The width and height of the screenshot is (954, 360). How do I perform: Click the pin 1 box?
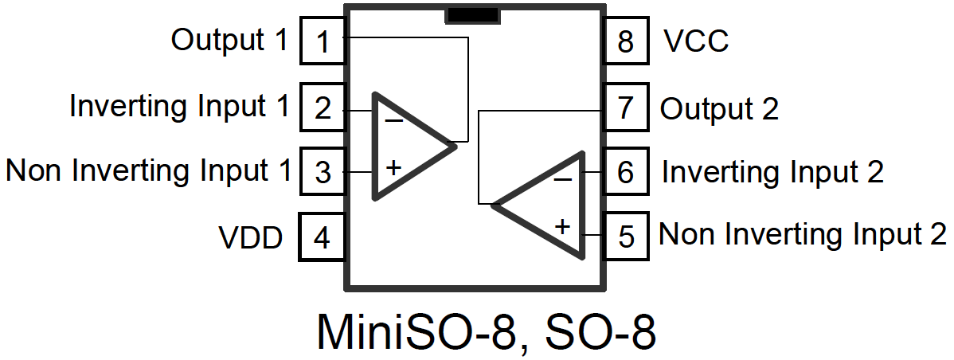click(322, 41)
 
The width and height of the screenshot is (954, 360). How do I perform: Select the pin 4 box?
click(322, 237)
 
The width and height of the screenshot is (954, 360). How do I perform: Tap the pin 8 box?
click(626, 41)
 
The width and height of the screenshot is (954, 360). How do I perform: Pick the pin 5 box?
click(626, 237)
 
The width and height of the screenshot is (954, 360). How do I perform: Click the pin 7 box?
click(626, 107)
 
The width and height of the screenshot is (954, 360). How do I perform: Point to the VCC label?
click(695, 41)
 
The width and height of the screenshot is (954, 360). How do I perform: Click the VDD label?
click(251, 237)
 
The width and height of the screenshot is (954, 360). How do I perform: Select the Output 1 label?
click(229, 40)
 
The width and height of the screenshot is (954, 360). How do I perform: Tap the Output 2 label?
click(719, 108)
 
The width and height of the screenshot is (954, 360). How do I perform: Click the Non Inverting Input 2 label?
click(803, 235)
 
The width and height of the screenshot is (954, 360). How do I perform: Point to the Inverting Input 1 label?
click(179, 107)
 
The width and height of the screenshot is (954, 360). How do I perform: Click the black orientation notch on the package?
click(472, 15)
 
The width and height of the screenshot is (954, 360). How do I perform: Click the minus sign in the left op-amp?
click(393, 121)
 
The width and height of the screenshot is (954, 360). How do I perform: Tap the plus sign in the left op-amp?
click(393, 168)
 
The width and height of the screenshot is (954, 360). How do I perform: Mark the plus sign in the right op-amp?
click(562, 226)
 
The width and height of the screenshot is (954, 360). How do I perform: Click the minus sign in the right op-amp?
click(562, 180)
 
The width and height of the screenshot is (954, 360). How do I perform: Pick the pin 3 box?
click(322, 172)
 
